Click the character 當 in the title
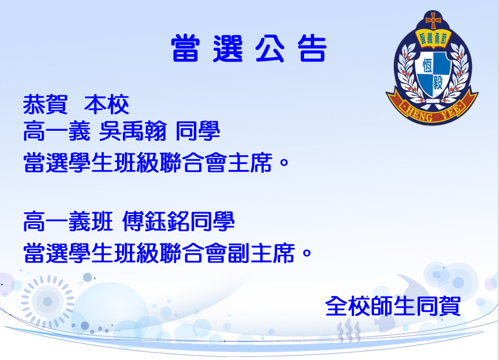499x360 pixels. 185,48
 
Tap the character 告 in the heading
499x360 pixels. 312,48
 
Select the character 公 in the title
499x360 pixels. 270,48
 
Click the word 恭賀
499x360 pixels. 45,104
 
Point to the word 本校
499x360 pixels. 106,104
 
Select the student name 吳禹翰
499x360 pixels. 133,131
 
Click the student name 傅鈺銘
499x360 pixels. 156,221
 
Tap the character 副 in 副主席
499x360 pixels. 239,253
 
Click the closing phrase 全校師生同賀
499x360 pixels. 393,306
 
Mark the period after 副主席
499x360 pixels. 307,254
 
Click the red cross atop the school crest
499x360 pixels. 433,21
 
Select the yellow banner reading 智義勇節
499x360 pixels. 433,39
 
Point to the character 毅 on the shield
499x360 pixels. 438,83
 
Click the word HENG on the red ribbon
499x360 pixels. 419,113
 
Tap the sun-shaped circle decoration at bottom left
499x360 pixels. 48,301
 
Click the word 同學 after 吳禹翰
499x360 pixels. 198,131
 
